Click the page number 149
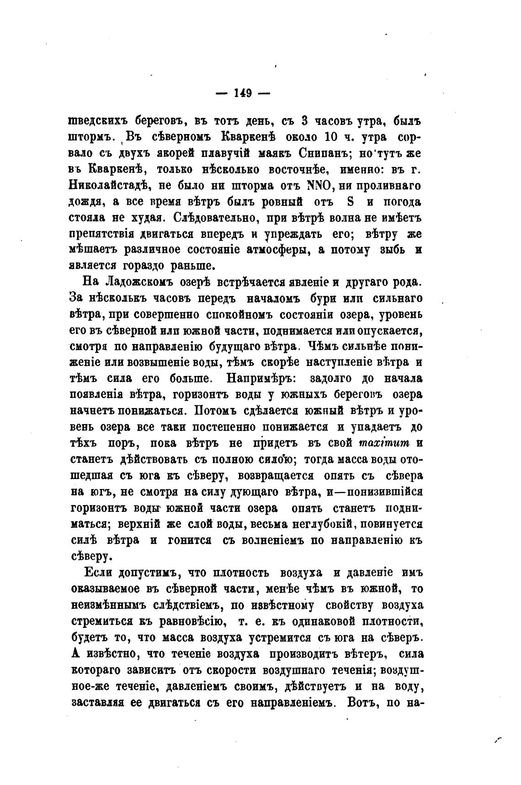(243, 93)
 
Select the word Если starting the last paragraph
(99, 573)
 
